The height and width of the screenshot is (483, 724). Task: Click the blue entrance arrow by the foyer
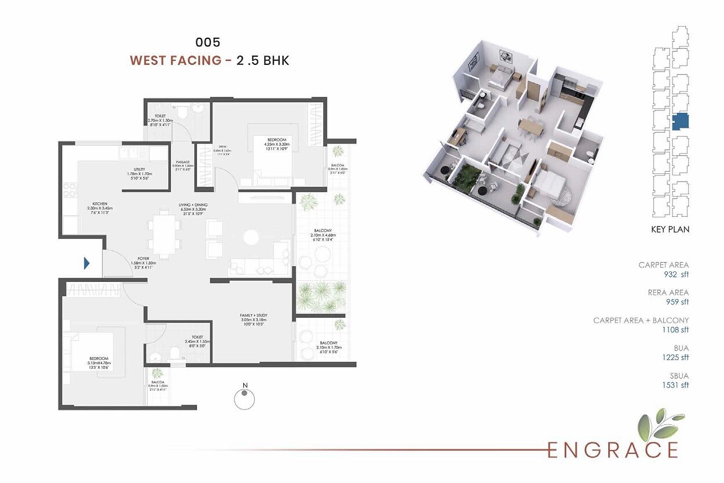click(x=87, y=263)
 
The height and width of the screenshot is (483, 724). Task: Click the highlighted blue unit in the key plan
click(x=681, y=122)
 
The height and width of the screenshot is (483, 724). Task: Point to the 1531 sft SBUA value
click(x=677, y=385)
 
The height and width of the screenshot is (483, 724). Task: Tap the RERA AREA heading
click(x=668, y=292)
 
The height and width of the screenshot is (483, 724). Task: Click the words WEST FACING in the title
click(x=175, y=60)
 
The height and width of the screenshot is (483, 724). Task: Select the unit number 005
click(x=207, y=42)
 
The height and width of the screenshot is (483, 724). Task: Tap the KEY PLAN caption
click(x=670, y=230)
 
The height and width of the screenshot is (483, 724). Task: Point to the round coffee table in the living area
click(x=251, y=237)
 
